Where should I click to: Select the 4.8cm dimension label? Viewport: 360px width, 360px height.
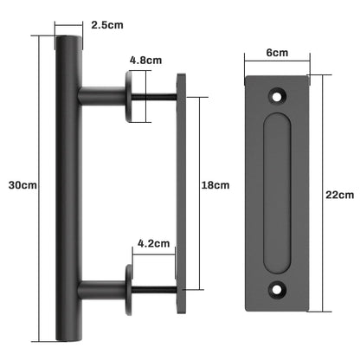click(145, 61)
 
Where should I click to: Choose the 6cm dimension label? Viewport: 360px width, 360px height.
click(277, 52)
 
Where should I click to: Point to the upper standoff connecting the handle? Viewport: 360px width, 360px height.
click(102, 92)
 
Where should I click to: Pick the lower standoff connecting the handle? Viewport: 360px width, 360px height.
click(102, 286)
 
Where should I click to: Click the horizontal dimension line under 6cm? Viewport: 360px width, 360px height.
click(277, 64)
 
